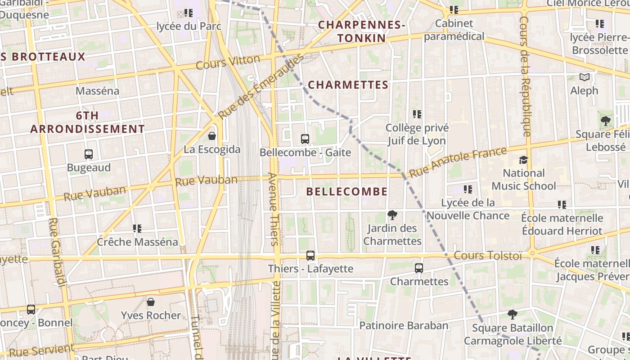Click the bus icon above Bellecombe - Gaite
(x=305, y=139)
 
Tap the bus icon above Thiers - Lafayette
(x=310, y=256)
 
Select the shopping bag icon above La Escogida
(x=212, y=135)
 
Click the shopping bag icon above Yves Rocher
(x=151, y=301)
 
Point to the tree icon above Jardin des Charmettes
(x=392, y=215)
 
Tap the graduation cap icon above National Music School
(x=523, y=160)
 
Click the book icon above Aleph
(x=584, y=77)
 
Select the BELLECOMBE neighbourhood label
(x=346, y=191)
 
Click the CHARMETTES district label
(x=348, y=85)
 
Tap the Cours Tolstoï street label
(x=488, y=256)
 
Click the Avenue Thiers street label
(x=273, y=209)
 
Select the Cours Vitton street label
(x=228, y=62)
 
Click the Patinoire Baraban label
(x=404, y=325)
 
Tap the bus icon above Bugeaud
(x=89, y=154)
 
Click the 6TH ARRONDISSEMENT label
(x=87, y=122)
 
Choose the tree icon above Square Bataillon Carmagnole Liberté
(x=512, y=315)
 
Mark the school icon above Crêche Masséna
(x=137, y=229)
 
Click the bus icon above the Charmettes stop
(x=419, y=268)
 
